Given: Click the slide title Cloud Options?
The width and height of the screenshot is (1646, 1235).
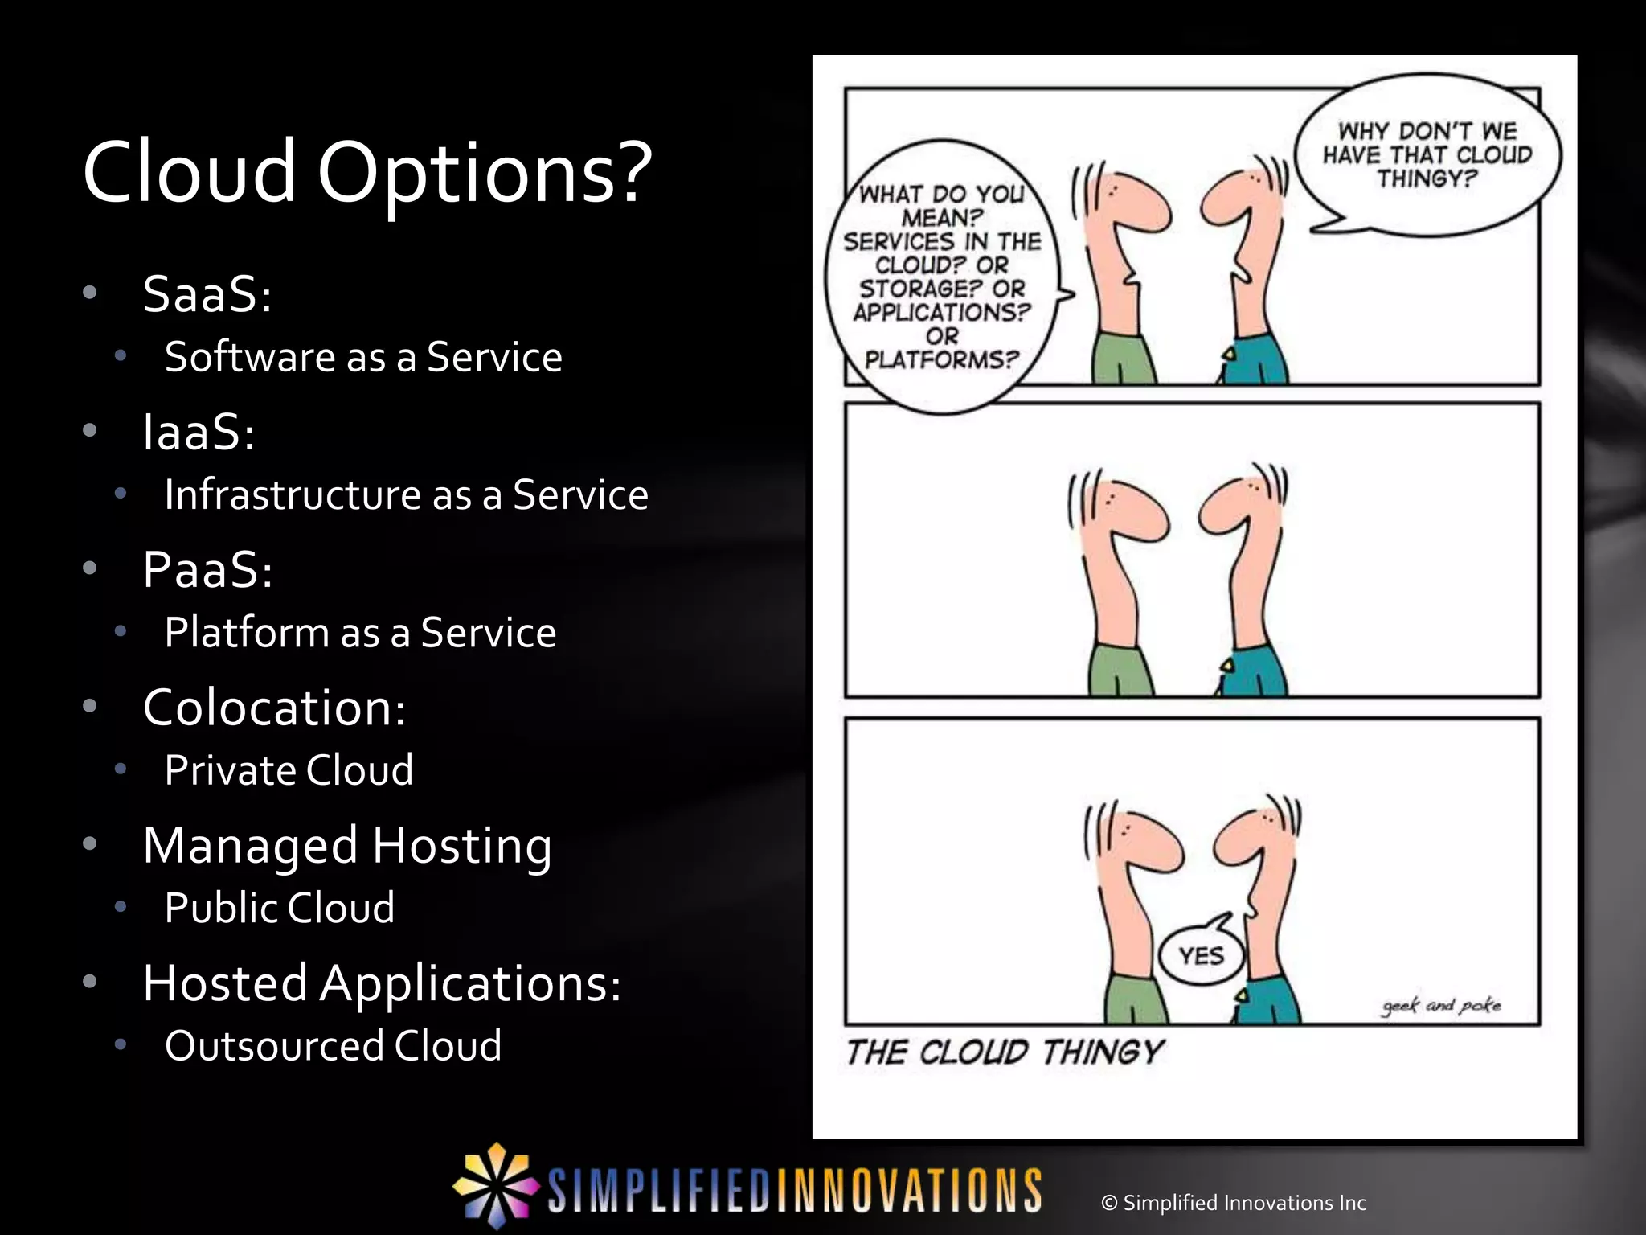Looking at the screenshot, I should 366,173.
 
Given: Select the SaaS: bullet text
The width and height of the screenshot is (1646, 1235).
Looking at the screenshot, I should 207,293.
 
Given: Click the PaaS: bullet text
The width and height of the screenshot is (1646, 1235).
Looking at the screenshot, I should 207,570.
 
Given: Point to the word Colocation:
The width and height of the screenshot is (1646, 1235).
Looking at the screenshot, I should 274,708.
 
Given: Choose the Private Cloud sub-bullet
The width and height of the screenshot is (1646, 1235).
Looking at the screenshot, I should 289,770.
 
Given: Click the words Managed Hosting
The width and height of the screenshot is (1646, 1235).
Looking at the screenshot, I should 347,846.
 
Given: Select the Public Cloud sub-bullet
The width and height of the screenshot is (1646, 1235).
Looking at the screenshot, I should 279,908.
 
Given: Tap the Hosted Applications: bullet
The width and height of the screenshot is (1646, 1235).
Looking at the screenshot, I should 382,983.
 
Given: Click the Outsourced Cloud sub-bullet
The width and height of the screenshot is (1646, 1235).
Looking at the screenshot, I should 333,1046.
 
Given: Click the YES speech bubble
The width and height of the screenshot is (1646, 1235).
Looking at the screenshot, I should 1201,956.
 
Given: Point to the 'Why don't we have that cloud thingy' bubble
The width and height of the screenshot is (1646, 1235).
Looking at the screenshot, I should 1427,155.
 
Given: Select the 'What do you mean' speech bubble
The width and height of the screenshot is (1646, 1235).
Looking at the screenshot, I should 942,276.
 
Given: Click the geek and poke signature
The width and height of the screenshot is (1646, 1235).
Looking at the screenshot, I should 1441,1005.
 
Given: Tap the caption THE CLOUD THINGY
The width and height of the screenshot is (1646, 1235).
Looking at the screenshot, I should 1005,1052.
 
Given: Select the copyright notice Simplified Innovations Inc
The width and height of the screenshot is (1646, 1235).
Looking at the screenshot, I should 1234,1203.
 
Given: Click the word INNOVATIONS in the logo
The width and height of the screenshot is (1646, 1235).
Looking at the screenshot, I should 908,1191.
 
